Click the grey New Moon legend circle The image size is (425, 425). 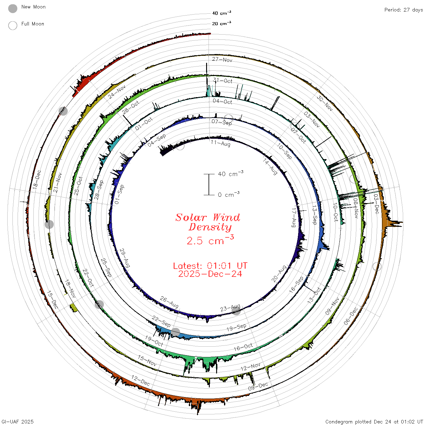12,8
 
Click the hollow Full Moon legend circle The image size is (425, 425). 12,25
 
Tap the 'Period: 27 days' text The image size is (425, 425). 404,10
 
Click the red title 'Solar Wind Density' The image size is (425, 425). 208,222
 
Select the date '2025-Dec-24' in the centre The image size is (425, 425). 210,274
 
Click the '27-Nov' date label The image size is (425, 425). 222,59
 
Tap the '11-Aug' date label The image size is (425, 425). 220,143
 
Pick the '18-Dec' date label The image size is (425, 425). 37,179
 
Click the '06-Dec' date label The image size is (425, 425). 351,316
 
